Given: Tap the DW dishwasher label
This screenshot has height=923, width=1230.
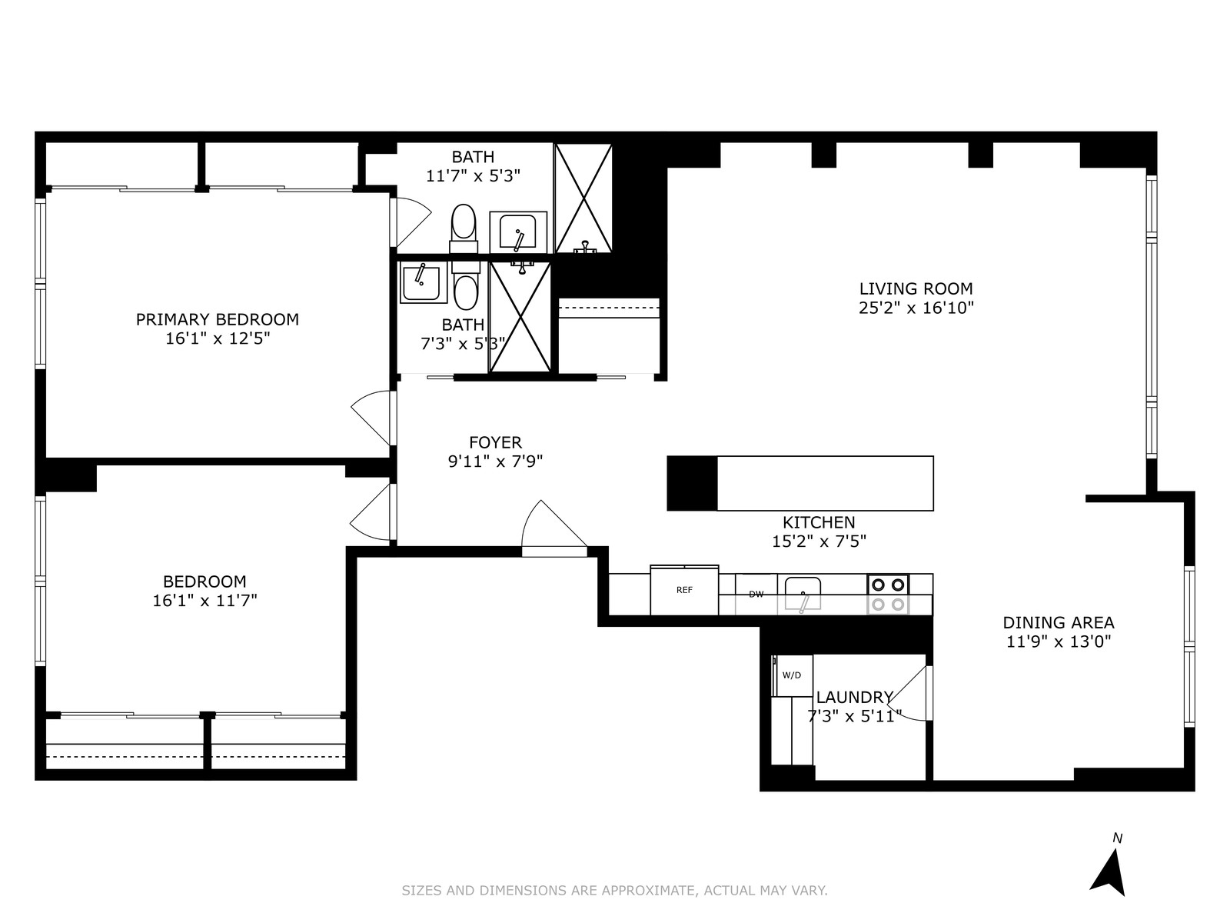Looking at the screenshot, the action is click(x=756, y=595).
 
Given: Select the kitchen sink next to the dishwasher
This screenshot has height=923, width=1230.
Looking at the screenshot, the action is click(x=803, y=594).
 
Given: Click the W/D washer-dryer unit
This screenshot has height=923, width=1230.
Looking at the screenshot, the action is click(x=791, y=675).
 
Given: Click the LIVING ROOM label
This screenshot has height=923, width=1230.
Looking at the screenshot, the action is click(x=916, y=288).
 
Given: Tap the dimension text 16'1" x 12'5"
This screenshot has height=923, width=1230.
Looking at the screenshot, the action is click(x=218, y=338).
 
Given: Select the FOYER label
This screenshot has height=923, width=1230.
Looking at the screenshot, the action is click(x=495, y=442).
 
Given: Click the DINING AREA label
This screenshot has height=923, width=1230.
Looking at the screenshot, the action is click(x=1059, y=622).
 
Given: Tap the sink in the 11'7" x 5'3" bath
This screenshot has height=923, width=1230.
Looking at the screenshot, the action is click(x=518, y=232).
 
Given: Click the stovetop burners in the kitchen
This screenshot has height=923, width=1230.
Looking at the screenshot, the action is click(x=888, y=595).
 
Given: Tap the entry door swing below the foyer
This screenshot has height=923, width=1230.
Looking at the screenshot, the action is click(x=553, y=528).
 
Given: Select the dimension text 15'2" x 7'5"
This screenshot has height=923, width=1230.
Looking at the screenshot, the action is click(x=819, y=541).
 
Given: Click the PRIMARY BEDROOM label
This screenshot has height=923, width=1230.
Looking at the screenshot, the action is click(x=218, y=319).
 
